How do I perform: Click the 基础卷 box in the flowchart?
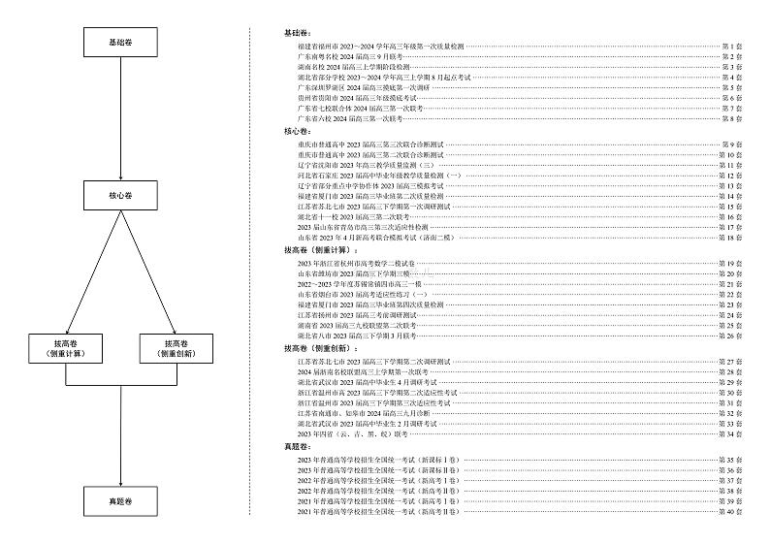pyautogui.click(x=119, y=43)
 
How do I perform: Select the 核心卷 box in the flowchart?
pyautogui.click(x=119, y=195)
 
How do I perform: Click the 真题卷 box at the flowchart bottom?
pyautogui.click(x=119, y=501)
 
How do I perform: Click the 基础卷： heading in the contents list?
pyautogui.click(x=295, y=32)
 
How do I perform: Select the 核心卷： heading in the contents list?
pyautogui.click(x=295, y=130)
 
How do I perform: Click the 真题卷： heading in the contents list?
pyautogui.click(x=295, y=446)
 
